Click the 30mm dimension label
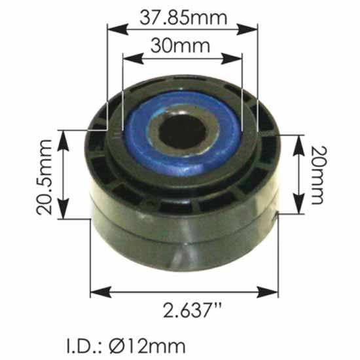tap(179, 46)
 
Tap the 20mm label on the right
tap(316, 175)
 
